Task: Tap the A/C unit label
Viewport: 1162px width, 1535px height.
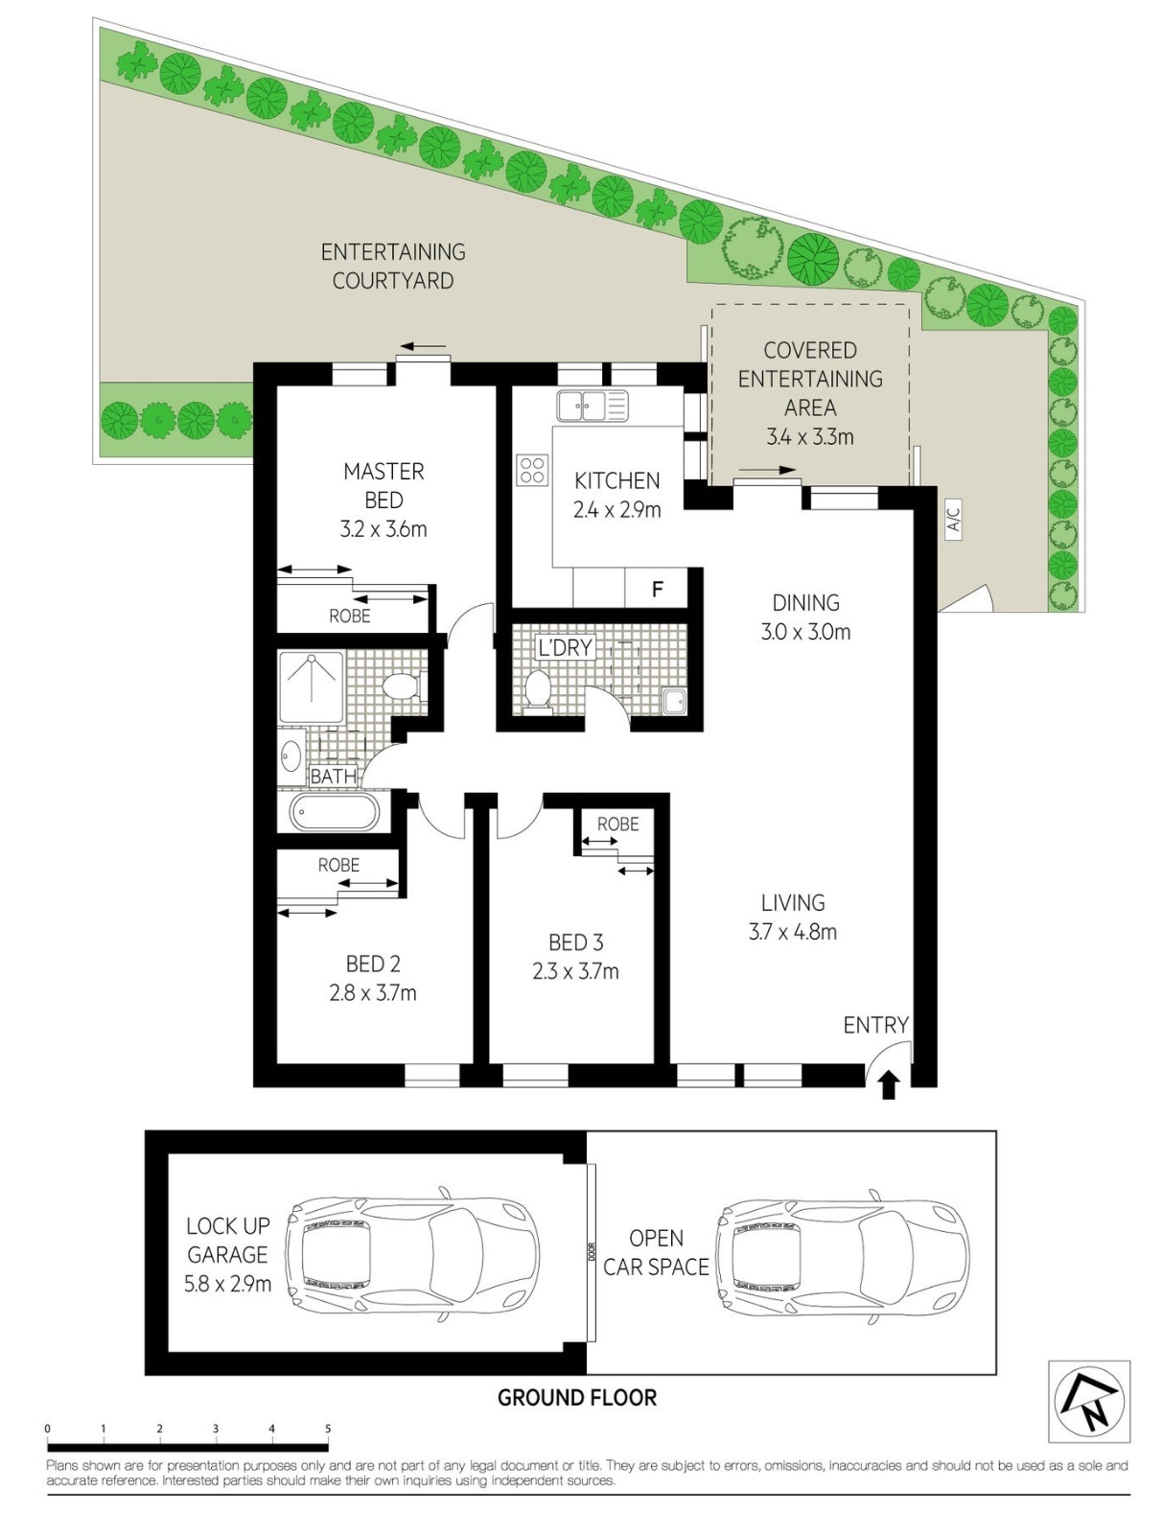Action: click(955, 519)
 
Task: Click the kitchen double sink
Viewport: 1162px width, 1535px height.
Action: click(593, 406)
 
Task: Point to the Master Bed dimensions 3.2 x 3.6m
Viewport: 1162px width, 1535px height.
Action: click(383, 528)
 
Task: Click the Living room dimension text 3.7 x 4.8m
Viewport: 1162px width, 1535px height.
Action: click(792, 932)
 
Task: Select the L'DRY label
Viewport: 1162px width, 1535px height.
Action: click(565, 647)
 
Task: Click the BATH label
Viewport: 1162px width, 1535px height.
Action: click(333, 776)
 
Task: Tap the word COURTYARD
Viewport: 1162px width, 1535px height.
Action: click(393, 280)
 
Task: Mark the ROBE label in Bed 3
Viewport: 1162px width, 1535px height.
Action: click(618, 824)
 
